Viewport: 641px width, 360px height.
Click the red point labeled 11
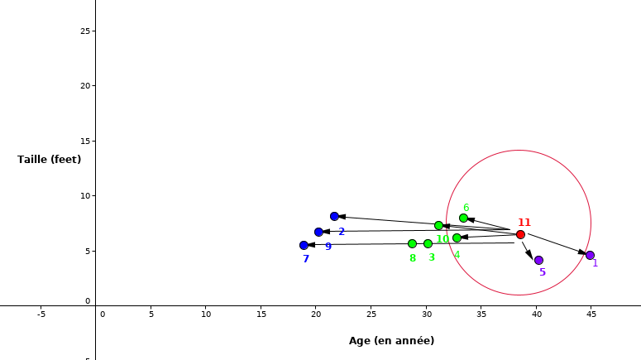[x=520, y=234]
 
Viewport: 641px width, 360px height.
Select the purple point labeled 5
[x=538, y=260]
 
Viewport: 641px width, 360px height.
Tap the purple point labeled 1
[x=590, y=255]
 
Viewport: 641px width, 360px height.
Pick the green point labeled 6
[x=463, y=218]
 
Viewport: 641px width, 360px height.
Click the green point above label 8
[x=412, y=243]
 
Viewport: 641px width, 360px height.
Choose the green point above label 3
[x=428, y=243]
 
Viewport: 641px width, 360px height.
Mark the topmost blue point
[x=334, y=216]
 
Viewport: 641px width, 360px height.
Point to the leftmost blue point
[x=304, y=245]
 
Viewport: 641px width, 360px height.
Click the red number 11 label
[x=524, y=222]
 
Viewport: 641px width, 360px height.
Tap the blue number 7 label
[x=305, y=259]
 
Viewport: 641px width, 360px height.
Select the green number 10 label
[x=442, y=239]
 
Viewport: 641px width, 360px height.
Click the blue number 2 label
[x=341, y=232]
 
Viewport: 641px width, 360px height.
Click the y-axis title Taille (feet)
[x=50, y=159]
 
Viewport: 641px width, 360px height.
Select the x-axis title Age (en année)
[x=391, y=340]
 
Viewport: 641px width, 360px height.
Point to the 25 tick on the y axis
[x=84, y=31]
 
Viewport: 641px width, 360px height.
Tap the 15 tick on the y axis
[x=84, y=141]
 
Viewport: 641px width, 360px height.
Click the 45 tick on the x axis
[x=591, y=314]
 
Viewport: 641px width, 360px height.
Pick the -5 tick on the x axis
[x=41, y=314]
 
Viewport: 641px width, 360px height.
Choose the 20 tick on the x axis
[x=316, y=314]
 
